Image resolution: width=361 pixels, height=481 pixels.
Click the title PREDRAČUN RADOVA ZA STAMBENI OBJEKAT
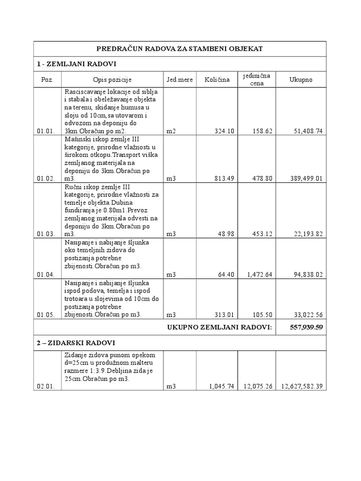[x=180, y=49]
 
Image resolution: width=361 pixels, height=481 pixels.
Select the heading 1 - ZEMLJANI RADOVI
[x=76, y=63]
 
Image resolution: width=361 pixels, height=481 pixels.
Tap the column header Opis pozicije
[x=112, y=80]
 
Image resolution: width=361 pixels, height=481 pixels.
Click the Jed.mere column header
[x=179, y=80]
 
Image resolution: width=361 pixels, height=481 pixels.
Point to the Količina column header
[x=217, y=80]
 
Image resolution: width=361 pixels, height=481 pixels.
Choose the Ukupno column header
[x=300, y=80]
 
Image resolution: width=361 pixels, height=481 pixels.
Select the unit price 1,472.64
[x=259, y=275]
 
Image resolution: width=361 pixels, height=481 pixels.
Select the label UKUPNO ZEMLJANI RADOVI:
[x=220, y=327]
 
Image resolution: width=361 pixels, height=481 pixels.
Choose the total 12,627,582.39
[x=301, y=387]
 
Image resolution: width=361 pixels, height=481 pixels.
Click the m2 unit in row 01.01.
[x=171, y=131]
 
